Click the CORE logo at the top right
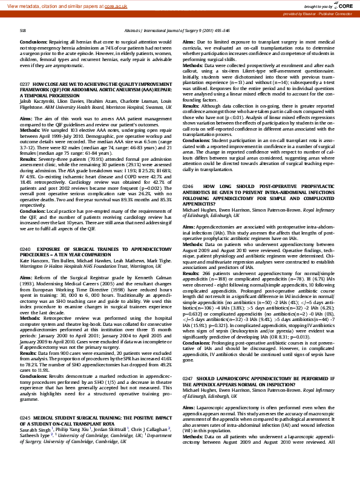(347, 5)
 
